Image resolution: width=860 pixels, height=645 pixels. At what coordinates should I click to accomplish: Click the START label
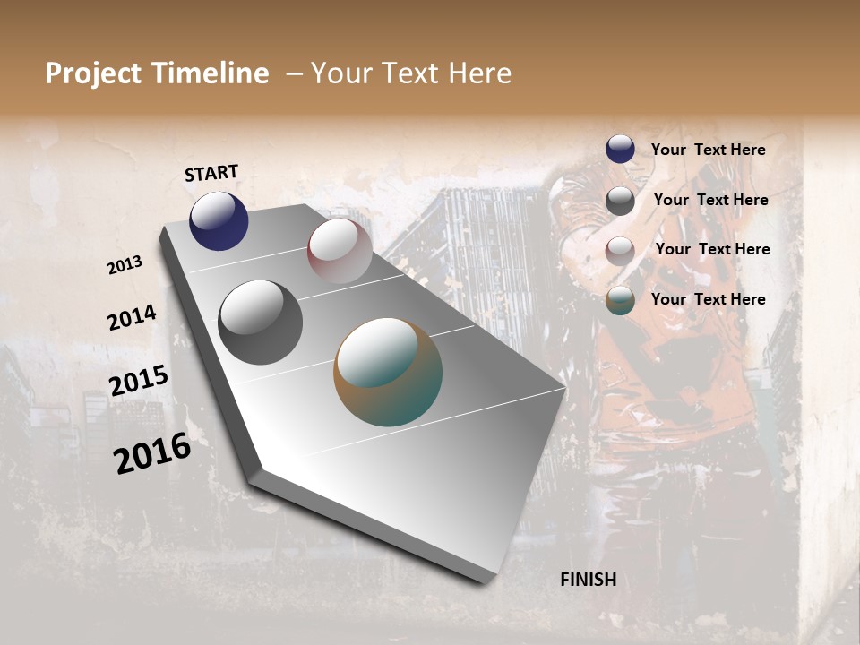click(211, 173)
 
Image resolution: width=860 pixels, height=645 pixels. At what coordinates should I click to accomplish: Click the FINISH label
click(588, 580)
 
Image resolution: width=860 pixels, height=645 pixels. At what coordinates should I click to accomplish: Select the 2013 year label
click(125, 264)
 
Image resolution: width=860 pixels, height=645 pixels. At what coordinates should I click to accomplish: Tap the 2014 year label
click(132, 317)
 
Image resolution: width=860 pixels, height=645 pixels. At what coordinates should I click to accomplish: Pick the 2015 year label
click(138, 381)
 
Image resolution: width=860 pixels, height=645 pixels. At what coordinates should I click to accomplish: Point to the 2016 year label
click(152, 453)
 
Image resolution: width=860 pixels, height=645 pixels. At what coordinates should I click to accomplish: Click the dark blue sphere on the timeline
click(219, 220)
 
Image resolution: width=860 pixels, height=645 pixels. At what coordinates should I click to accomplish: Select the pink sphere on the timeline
click(340, 251)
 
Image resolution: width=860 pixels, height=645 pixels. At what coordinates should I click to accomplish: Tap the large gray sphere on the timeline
click(261, 322)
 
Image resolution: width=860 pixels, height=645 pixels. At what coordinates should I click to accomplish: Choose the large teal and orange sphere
click(388, 372)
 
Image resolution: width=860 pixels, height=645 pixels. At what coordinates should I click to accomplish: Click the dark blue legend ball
click(620, 149)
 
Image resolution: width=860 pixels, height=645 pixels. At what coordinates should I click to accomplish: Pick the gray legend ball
click(620, 201)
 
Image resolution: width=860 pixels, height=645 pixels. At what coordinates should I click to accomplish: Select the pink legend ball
click(620, 251)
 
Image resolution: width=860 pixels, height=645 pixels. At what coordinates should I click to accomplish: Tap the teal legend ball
click(620, 300)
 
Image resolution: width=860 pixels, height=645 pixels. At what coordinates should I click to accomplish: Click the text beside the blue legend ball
click(708, 150)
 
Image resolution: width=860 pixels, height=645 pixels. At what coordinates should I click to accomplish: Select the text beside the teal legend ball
click(708, 299)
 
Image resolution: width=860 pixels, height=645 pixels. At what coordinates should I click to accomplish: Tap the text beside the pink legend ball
click(712, 249)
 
